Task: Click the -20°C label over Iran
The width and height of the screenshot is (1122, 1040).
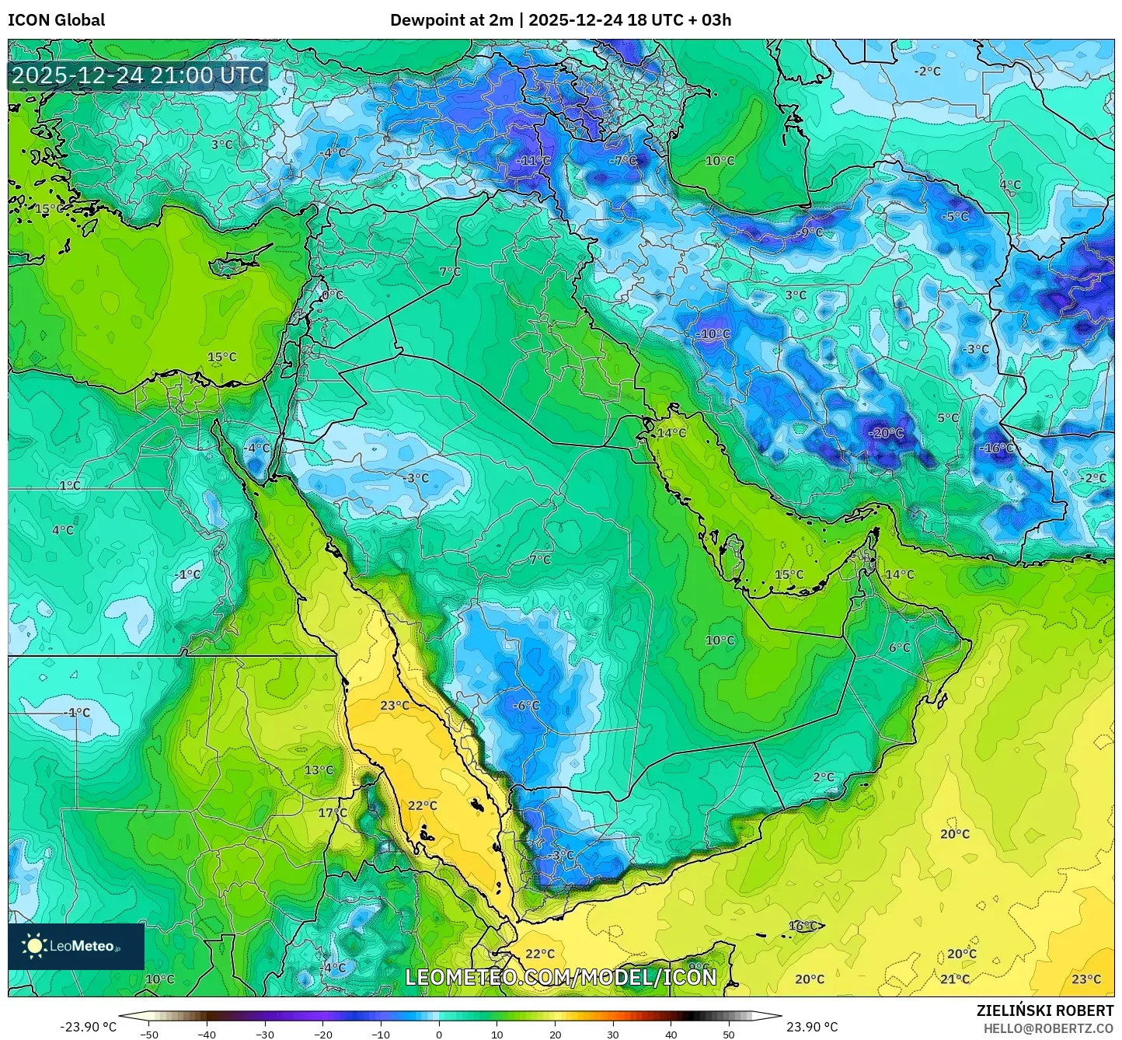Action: tap(886, 433)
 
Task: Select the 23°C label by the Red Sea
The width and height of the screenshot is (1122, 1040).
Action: tap(395, 706)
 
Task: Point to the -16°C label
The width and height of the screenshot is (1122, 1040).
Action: tap(996, 448)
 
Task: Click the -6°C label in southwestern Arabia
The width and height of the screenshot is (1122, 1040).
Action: tap(526, 706)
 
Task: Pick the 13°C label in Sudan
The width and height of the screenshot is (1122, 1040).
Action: tap(319, 770)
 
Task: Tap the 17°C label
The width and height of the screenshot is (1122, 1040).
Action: tap(333, 813)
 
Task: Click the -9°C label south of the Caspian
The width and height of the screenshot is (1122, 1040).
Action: tap(810, 232)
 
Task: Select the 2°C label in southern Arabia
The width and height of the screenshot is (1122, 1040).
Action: tap(824, 777)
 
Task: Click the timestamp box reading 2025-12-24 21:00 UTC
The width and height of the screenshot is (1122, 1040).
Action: tap(138, 75)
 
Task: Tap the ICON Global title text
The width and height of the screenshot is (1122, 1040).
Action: tap(56, 20)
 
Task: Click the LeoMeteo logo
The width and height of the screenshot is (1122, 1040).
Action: tap(76, 946)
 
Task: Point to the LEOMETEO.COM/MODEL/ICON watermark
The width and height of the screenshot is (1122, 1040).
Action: tap(561, 977)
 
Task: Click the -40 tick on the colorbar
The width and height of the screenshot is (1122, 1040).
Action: tap(207, 1035)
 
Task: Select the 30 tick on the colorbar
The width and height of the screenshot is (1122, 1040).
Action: tap(613, 1035)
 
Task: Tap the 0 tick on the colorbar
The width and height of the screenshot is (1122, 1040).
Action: tap(439, 1035)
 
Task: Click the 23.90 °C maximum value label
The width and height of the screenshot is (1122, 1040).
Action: tap(812, 1027)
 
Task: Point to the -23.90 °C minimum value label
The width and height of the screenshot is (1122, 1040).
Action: tap(88, 1027)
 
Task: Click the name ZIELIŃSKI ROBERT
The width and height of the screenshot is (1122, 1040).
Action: tap(1044, 1010)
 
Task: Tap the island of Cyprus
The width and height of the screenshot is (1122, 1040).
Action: tap(237, 266)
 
